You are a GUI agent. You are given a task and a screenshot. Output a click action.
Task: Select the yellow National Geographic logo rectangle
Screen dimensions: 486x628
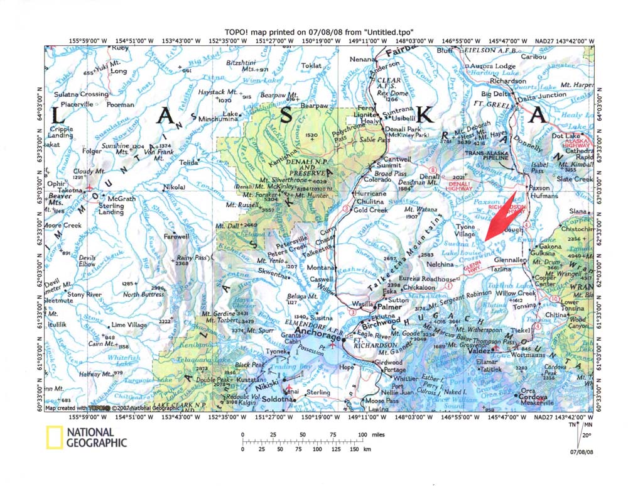pyautogui.click(x=54, y=437)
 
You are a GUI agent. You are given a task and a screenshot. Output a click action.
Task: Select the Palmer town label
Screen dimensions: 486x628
pyautogui.click(x=391, y=307)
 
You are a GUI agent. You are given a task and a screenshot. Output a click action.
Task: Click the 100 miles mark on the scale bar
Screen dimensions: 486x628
pyautogui.click(x=362, y=435)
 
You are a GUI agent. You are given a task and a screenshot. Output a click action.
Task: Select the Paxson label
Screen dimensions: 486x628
pyautogui.click(x=539, y=187)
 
